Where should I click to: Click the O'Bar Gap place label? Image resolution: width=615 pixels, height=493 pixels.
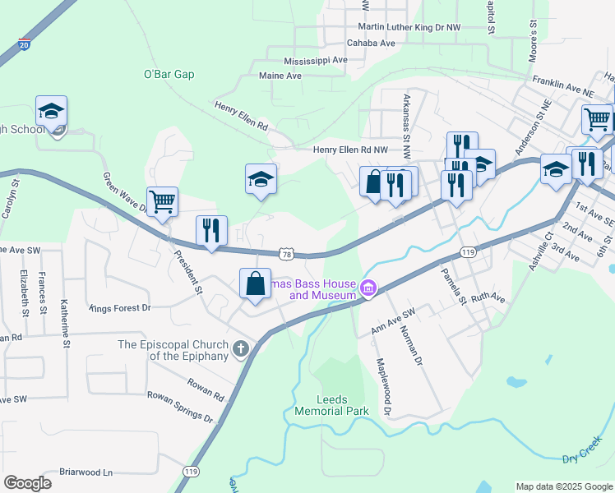point(169,74)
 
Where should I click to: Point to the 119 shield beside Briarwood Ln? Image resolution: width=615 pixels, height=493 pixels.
point(191,472)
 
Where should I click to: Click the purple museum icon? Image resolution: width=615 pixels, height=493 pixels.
point(368,288)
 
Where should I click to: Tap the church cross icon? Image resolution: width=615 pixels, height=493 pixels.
point(240,350)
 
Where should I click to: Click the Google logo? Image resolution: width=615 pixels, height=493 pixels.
point(27,483)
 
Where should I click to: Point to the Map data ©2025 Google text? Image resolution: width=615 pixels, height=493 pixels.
point(563,486)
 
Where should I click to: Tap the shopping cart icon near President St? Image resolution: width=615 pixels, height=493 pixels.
point(163,200)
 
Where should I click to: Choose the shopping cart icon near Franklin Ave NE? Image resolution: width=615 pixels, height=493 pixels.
point(597,118)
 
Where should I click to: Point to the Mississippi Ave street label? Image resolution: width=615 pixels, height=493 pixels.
point(316,61)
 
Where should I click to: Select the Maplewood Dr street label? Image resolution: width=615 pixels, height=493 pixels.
point(383,386)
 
